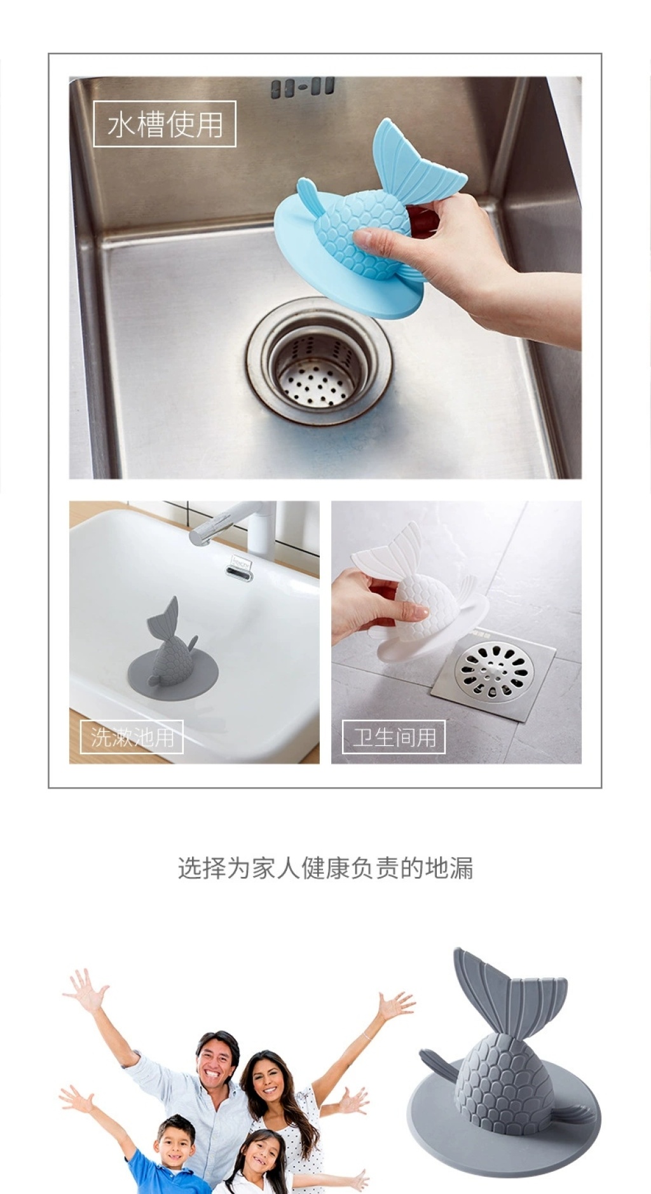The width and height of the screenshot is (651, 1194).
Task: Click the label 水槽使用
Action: [165, 124]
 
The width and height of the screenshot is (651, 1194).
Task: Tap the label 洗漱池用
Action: [132, 737]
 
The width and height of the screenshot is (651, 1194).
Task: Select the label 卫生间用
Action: [394, 737]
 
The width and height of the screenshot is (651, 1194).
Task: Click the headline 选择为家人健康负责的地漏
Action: [325, 868]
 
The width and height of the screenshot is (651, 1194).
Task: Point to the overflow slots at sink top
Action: [302, 87]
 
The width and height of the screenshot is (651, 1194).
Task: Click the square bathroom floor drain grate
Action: [493, 675]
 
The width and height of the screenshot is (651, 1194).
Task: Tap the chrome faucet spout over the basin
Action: [223, 522]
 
